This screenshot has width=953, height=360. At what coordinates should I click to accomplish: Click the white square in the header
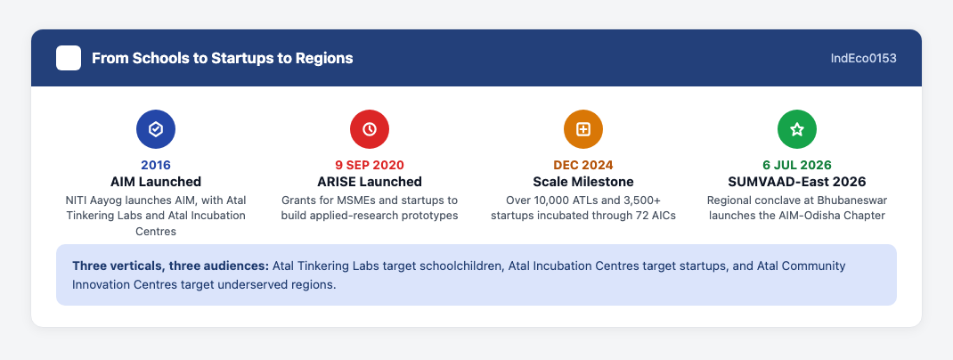coord(69,59)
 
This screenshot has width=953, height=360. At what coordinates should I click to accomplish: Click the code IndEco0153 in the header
coord(864,59)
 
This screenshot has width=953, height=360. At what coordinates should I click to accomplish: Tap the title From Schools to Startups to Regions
coord(223,59)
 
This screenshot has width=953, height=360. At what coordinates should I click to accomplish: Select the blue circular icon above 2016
coord(156,129)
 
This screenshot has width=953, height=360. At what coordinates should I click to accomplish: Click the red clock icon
coord(370,129)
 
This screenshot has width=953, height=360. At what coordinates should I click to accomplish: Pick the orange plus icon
coord(583,129)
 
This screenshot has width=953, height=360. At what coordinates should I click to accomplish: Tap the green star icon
coord(797,129)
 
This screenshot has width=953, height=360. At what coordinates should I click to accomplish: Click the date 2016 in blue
coord(156,165)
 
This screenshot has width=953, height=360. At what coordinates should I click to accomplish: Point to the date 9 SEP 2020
coord(370,165)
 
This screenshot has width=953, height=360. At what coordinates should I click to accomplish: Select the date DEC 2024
coord(583,165)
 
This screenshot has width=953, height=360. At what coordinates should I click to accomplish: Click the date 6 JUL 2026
coord(797,165)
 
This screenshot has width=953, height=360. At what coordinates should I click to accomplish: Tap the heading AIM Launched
coord(156,182)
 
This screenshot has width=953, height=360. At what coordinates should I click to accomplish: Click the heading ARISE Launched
coord(370,182)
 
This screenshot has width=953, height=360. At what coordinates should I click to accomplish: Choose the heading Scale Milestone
coord(583,182)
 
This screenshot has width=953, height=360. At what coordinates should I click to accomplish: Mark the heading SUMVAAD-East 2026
coord(797,182)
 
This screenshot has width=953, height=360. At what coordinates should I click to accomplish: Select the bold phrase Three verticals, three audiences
coord(171,266)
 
